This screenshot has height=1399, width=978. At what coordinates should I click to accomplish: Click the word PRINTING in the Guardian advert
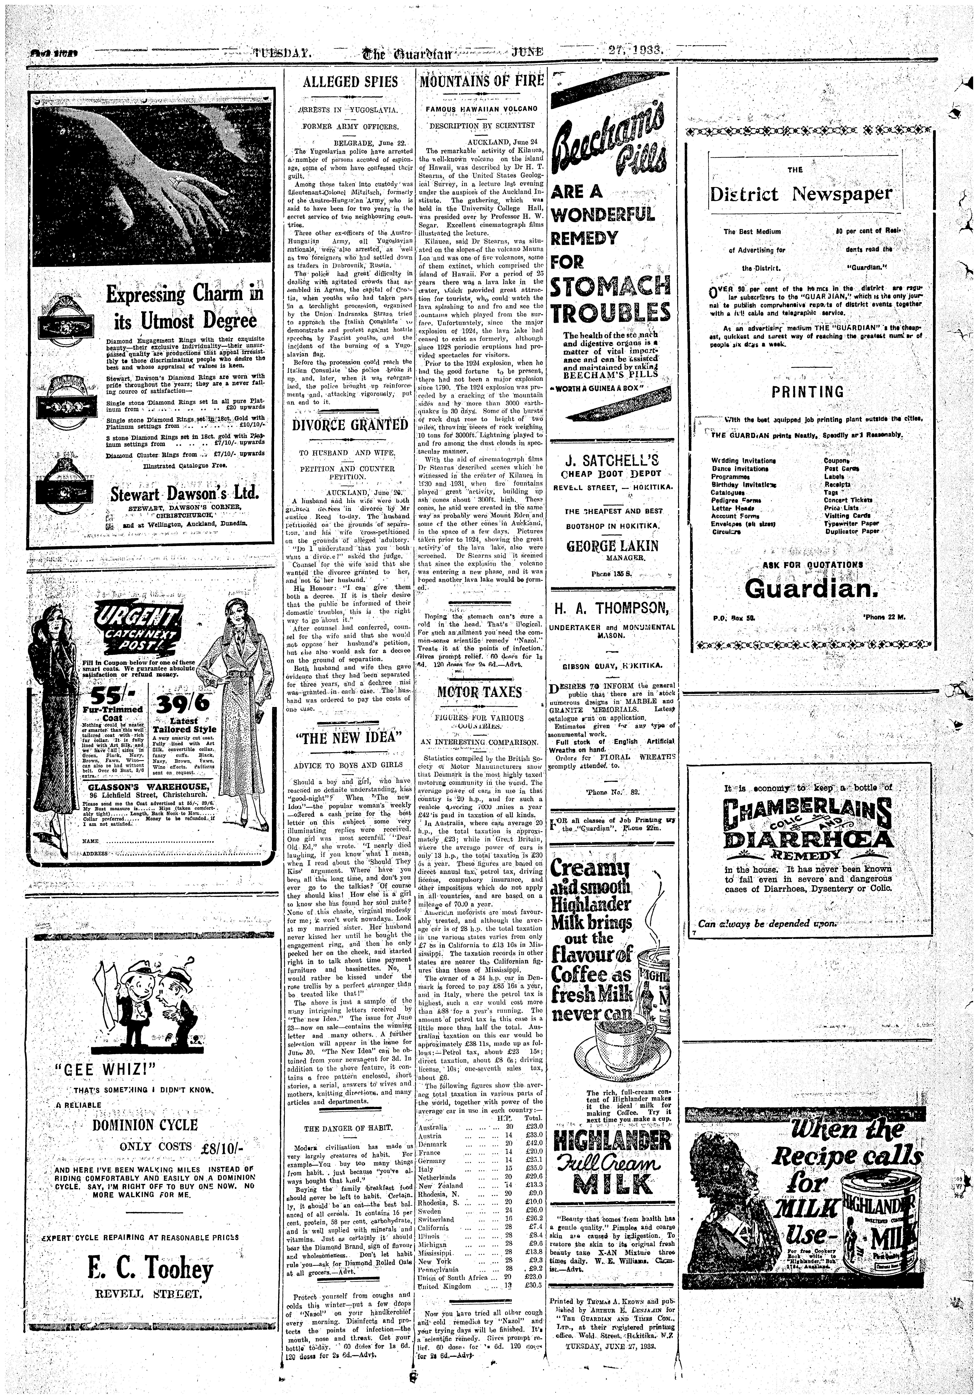(808, 392)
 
